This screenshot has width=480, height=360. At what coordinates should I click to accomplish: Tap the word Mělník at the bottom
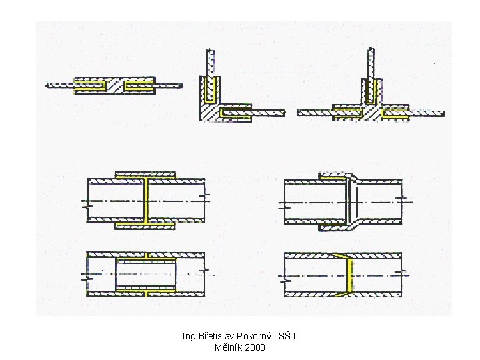tap(226, 347)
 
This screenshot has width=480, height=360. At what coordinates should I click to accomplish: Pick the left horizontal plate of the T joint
tap(315, 113)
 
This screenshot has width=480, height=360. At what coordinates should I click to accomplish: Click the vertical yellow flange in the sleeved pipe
tap(145, 201)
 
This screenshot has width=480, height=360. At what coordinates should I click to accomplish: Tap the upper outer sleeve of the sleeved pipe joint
tap(145, 175)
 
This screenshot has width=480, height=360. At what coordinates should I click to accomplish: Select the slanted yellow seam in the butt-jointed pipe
tap(345, 275)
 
